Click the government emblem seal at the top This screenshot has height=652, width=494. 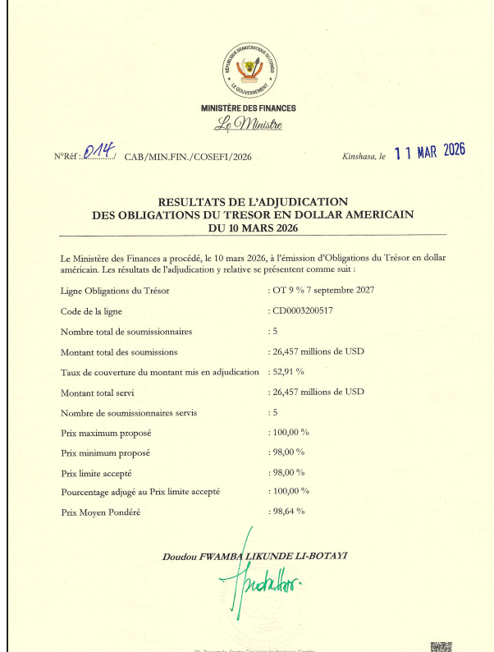249,70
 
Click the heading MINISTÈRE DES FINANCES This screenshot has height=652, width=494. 249,108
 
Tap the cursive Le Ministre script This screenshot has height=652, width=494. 248,125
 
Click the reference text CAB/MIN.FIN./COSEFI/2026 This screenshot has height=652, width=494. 188,156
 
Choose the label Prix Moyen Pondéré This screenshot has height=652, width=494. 101,512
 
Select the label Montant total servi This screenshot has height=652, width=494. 100,393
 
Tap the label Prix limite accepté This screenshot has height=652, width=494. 97,472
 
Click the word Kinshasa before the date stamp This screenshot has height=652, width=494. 357,156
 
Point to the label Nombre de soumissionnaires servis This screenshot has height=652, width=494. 129,412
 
